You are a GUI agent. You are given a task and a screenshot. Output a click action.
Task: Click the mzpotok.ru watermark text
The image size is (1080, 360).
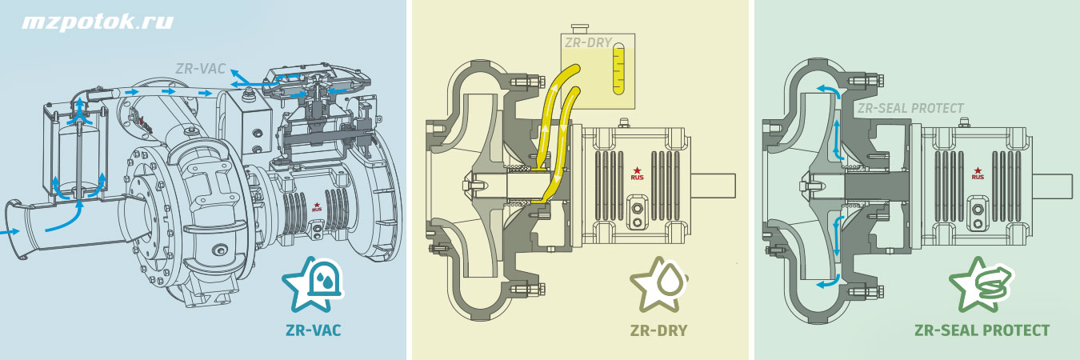[x=97, y=23]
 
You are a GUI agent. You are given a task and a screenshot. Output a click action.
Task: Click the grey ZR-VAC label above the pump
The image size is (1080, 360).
[x=200, y=69]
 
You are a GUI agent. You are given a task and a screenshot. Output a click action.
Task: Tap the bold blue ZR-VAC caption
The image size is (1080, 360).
[x=314, y=330]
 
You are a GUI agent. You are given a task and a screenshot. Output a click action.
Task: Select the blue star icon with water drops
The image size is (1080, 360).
[x=314, y=284]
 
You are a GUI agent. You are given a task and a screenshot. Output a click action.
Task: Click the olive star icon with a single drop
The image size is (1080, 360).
[x=659, y=284]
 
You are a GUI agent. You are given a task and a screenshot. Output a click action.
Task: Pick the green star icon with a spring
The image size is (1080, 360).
[x=980, y=284]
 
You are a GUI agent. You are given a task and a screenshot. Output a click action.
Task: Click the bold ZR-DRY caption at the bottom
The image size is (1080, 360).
[x=658, y=330]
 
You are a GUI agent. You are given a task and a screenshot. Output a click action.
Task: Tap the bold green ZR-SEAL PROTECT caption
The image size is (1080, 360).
[x=982, y=330]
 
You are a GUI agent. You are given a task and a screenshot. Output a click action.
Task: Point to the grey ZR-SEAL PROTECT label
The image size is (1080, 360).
[x=910, y=109]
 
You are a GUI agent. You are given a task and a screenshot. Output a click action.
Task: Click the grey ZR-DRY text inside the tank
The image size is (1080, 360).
[x=588, y=43]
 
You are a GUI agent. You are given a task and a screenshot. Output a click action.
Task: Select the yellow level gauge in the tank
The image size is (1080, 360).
[x=618, y=69]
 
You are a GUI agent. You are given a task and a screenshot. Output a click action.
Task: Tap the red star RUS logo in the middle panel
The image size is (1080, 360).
[x=638, y=174]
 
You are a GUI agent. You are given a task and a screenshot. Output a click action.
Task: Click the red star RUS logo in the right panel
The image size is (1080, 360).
[x=978, y=174]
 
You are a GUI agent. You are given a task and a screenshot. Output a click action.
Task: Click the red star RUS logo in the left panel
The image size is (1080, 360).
[x=317, y=207]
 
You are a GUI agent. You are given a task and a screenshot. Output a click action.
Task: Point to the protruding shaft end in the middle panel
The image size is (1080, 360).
[x=714, y=186]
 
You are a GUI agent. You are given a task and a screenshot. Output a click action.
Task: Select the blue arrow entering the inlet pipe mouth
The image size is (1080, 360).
[x=10, y=232]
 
